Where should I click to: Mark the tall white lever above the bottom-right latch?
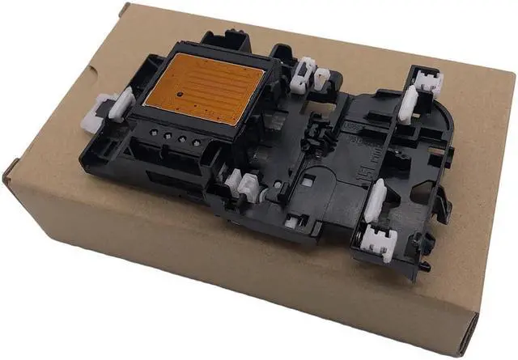pyautogui.click(x=375, y=199)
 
